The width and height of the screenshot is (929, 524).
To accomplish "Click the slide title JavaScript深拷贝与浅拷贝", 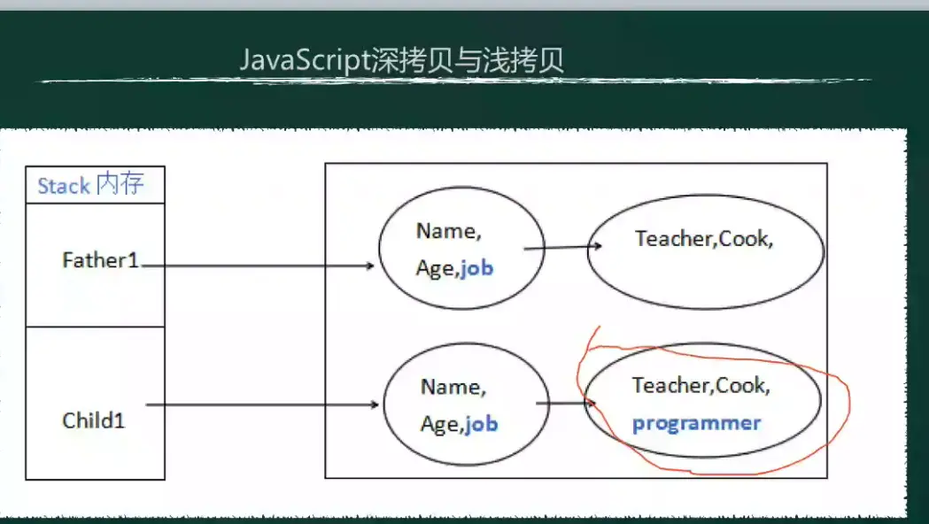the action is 402,61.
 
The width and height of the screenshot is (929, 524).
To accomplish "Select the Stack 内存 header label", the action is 89,185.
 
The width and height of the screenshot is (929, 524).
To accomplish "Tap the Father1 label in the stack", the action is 101,261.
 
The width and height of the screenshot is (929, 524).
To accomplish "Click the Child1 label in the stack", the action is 94,420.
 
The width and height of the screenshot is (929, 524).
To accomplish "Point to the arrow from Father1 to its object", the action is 257,265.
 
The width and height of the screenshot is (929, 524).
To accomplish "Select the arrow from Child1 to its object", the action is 262,405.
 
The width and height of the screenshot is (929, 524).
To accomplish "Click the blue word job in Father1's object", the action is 476,268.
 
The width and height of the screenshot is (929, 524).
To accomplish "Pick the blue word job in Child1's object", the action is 481,425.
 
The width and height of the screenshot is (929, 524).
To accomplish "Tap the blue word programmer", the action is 696,423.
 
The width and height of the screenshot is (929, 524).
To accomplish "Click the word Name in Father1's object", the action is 445,232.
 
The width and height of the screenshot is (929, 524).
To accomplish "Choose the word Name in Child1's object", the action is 450,388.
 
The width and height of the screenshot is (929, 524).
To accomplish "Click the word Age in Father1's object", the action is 434,269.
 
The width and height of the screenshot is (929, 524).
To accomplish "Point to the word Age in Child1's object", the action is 439,426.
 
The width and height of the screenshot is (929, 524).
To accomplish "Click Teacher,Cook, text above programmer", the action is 701,386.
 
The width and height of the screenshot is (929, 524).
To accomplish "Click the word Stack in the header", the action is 64,186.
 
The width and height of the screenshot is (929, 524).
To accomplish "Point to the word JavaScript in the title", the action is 302,61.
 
